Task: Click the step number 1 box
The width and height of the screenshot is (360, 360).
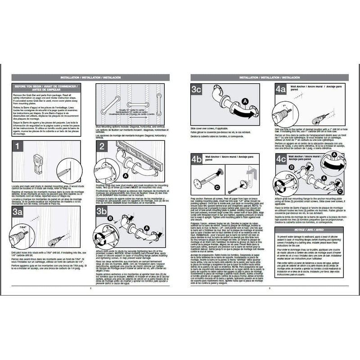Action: point(17,147)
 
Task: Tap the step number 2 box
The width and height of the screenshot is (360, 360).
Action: point(103,147)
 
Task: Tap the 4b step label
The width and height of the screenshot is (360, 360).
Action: point(197,159)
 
